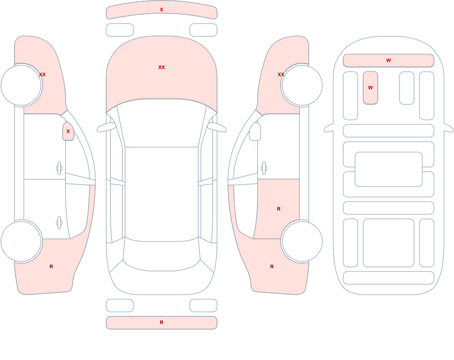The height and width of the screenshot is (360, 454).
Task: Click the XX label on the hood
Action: pyautogui.click(x=162, y=67)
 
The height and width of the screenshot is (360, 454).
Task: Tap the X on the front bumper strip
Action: pyautogui.click(x=162, y=10)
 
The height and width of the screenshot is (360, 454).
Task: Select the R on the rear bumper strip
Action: pyautogui.click(x=162, y=322)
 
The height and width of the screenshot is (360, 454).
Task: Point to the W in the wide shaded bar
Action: pyautogui.click(x=389, y=60)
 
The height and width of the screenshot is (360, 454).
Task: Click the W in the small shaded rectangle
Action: pyautogui.click(x=370, y=88)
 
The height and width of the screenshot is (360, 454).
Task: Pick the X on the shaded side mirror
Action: pyautogui.click(x=68, y=131)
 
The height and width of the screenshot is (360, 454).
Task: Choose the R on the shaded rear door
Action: pyautogui.click(x=279, y=209)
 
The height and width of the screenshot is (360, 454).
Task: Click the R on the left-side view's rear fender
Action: pyautogui.click(x=51, y=266)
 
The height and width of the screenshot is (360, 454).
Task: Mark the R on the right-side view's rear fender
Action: pyautogui.click(x=272, y=266)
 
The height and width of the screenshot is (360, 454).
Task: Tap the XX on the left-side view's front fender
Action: pyautogui.click(x=42, y=74)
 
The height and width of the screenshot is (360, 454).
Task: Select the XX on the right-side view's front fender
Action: pyautogui.click(x=281, y=74)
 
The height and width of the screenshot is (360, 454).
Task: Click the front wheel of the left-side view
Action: pyautogui.click(x=21, y=85)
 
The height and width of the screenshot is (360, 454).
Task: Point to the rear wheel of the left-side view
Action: pyautogui.click(x=21, y=241)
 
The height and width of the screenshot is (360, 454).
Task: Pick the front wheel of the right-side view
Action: pyautogui.click(x=302, y=85)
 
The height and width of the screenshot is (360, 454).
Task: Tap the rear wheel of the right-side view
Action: pyautogui.click(x=302, y=241)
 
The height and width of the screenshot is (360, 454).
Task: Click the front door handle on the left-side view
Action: pyautogui.click(x=59, y=168)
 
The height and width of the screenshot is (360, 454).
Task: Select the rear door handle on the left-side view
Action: pyautogui.click(x=59, y=223)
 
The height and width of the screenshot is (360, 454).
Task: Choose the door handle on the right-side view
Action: pyautogui.click(x=264, y=168)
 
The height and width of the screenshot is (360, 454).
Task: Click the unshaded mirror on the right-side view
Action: pyautogui.click(x=255, y=132)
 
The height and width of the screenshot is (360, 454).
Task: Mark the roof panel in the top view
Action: pyautogui.click(x=162, y=193)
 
